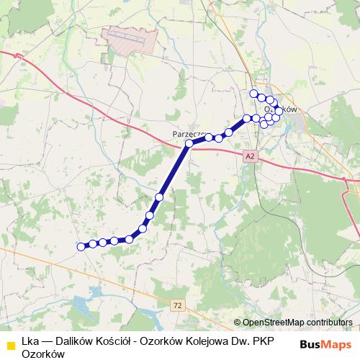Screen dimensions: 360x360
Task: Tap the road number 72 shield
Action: coord(178,305)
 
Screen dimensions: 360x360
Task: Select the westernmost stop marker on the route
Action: coord(81,247)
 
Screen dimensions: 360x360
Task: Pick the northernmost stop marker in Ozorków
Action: coord(253,94)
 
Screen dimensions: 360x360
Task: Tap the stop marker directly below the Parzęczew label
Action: coord(189,144)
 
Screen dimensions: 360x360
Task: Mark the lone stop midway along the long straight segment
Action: coord(159,197)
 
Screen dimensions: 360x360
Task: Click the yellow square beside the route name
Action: coord(10,343)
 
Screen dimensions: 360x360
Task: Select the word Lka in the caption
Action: coord(30,341)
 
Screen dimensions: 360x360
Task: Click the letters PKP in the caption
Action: coord(261,341)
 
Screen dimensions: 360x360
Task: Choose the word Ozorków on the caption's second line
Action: coord(43,354)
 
